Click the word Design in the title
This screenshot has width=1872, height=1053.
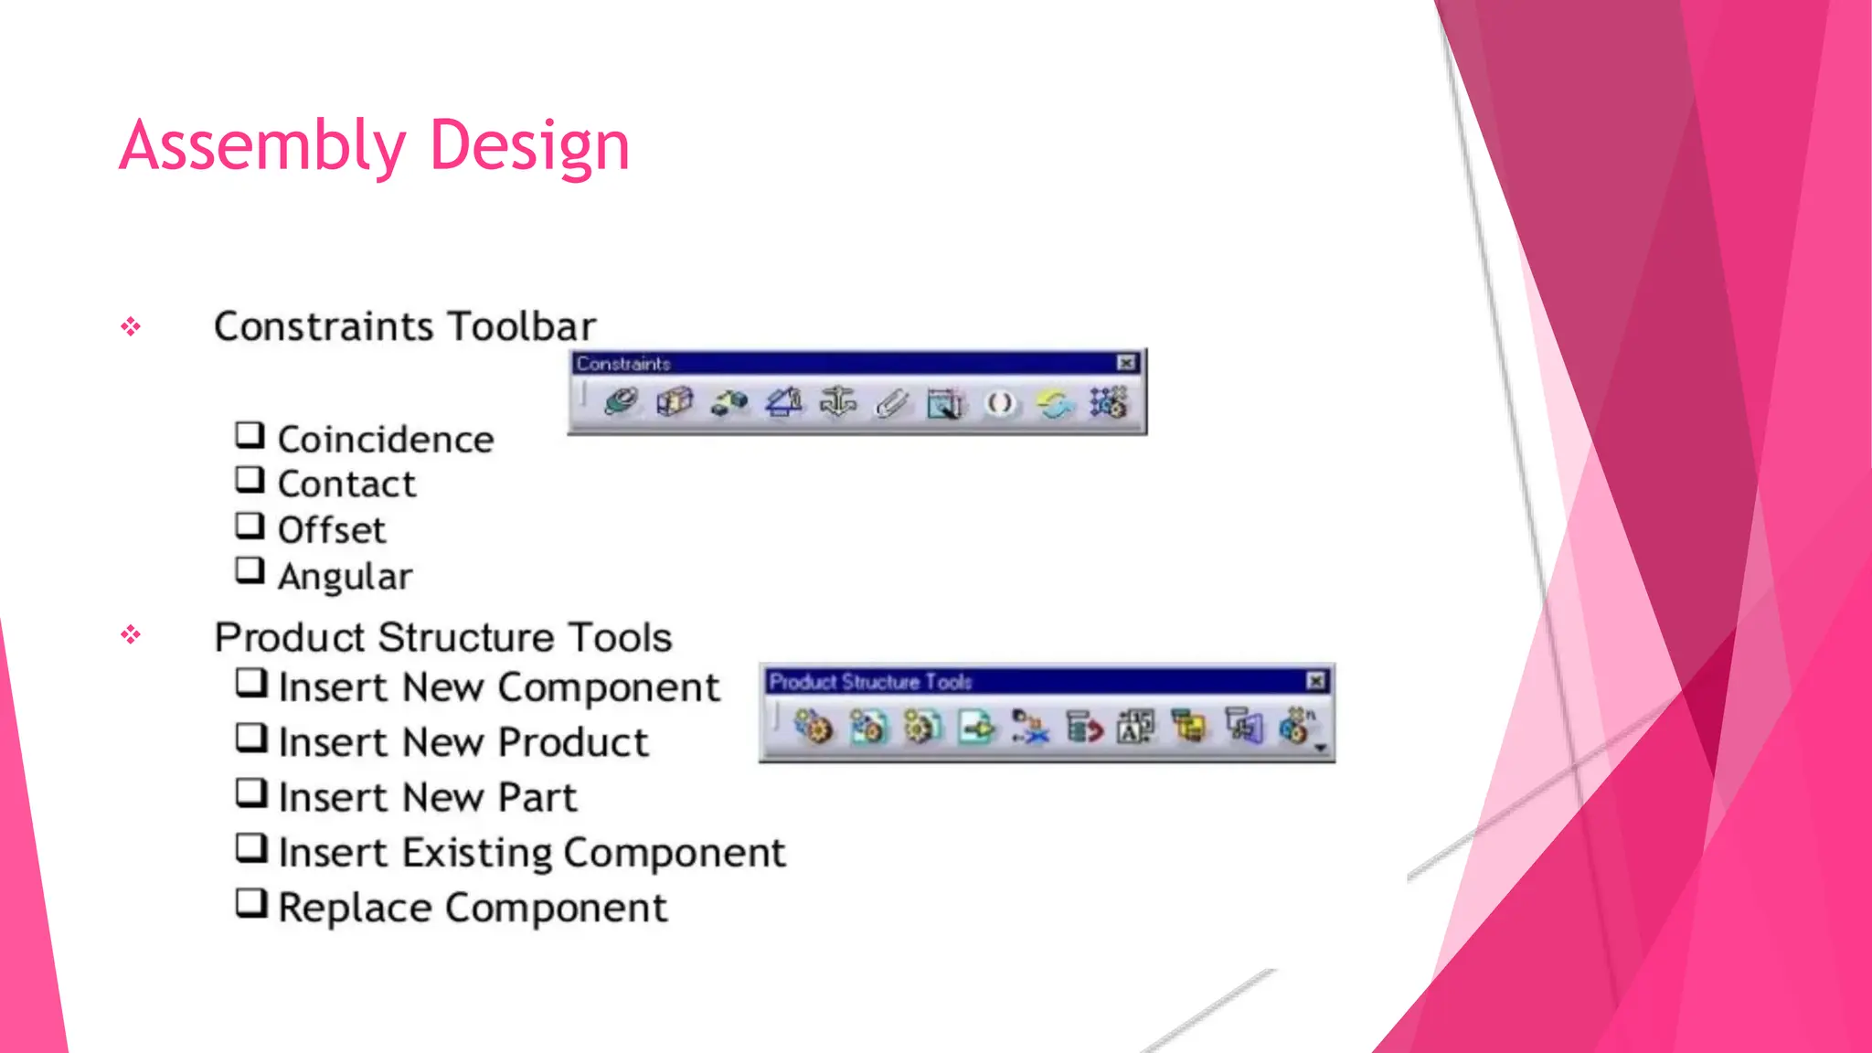coord(529,146)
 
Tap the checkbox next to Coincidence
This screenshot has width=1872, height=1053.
coord(250,435)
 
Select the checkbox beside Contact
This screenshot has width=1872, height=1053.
coord(250,480)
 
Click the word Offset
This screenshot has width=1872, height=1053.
coord(331,530)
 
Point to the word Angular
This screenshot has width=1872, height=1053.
coord(345,577)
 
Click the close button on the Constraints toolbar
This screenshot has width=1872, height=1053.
coord(1126,363)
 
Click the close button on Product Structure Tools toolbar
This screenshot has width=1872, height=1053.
coord(1315,681)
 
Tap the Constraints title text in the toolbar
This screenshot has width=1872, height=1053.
coord(623,364)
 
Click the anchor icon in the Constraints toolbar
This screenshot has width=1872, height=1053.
coord(837,402)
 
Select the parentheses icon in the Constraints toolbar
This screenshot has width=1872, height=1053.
coord(1000,402)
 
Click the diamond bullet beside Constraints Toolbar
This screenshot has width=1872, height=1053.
coord(131,326)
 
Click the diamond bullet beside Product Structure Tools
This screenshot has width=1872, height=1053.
coord(131,634)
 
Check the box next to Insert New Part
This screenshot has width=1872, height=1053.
coord(250,792)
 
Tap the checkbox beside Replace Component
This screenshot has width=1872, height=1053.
coord(250,903)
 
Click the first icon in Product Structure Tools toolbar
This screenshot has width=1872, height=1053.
coord(813,728)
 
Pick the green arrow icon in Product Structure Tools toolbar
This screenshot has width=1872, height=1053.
coord(976,728)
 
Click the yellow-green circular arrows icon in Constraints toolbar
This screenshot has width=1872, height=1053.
coord(1054,402)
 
